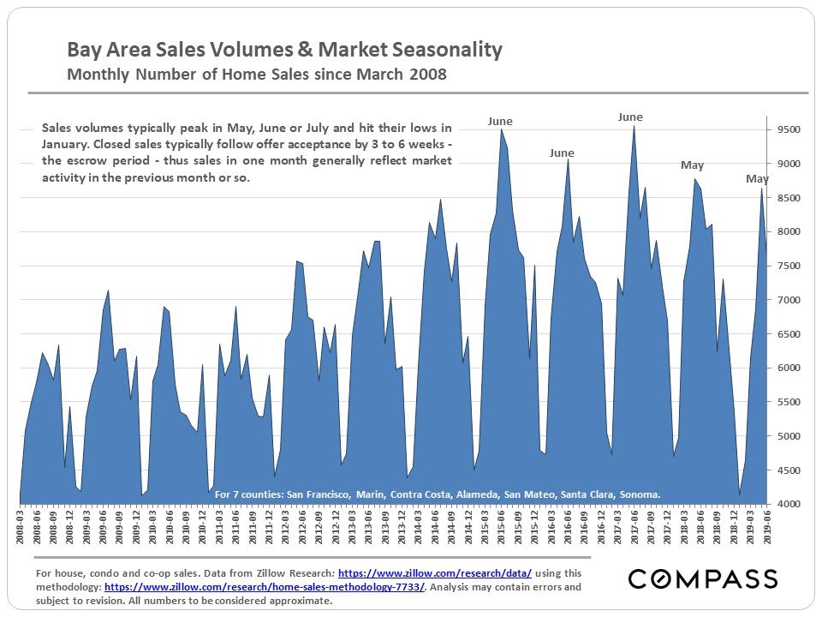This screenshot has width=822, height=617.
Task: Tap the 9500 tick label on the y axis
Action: click(x=788, y=130)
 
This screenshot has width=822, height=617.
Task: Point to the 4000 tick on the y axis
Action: click(x=788, y=504)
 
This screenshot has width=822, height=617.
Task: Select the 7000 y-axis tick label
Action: click(x=788, y=300)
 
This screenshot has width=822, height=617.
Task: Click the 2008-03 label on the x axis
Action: click(x=21, y=524)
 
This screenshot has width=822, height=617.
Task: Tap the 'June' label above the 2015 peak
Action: click(x=500, y=122)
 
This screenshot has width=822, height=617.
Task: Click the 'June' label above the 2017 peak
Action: click(x=630, y=117)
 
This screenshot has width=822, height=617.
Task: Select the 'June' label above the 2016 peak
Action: click(x=562, y=153)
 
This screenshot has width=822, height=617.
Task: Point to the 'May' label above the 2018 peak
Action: click(x=692, y=165)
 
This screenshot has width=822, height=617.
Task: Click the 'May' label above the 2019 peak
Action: click(x=757, y=179)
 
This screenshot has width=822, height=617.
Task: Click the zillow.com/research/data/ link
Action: click(x=435, y=572)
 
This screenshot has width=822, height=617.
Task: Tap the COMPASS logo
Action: click(x=703, y=579)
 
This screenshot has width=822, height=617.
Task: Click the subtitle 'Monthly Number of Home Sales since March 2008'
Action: click(x=257, y=75)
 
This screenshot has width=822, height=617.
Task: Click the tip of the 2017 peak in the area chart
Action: click(x=634, y=126)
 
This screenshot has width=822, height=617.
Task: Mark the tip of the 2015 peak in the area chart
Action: click(x=502, y=129)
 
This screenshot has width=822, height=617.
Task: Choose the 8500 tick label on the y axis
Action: click(x=788, y=198)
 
